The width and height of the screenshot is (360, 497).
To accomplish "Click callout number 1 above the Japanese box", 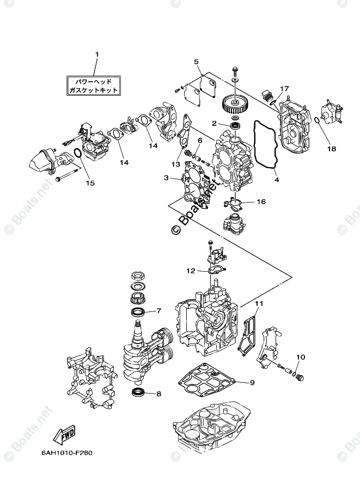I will [97, 54].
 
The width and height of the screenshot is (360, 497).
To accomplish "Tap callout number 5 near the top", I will [196, 62].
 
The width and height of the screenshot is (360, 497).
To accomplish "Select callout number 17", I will [284, 89].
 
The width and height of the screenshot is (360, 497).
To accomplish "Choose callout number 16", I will [261, 202].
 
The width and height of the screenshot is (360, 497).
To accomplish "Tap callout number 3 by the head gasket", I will [166, 177].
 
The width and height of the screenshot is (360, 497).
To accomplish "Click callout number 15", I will [90, 183].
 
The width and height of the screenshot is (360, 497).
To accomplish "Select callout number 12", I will [190, 270].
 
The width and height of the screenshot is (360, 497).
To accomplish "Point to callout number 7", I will [158, 311].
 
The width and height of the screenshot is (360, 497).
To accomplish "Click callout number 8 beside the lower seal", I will [158, 394].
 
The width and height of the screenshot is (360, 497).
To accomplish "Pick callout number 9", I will [252, 382].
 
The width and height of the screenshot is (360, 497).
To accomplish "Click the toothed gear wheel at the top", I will [236, 103].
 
